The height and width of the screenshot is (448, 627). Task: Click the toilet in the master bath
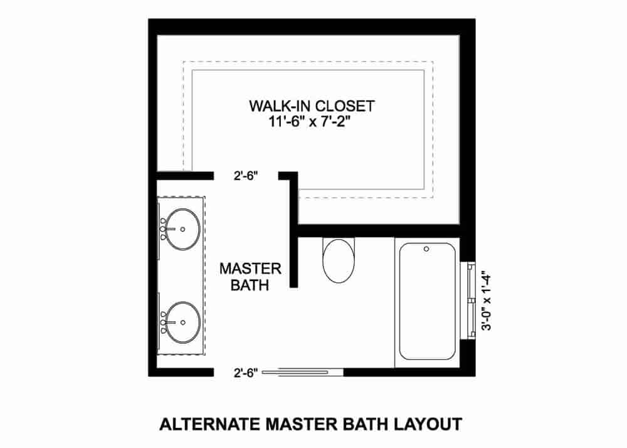[339, 260]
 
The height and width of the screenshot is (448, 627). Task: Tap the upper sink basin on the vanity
[182, 229]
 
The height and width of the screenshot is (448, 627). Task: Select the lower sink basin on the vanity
[182, 323]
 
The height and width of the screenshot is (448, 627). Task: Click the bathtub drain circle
[426, 249]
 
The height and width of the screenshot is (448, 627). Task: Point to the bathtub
[427, 301]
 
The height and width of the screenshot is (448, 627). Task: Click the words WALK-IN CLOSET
[312, 106]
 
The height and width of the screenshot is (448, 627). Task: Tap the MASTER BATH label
[250, 277]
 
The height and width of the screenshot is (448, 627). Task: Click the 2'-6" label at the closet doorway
[246, 176]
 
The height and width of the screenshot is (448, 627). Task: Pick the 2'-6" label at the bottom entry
[246, 373]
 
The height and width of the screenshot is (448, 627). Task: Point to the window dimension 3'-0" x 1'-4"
[487, 301]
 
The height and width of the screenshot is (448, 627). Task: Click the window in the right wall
[468, 301]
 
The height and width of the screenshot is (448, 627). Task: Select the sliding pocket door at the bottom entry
[302, 372]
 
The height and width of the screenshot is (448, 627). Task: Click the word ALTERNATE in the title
[209, 424]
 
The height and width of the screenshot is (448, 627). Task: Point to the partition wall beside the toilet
[294, 259]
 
